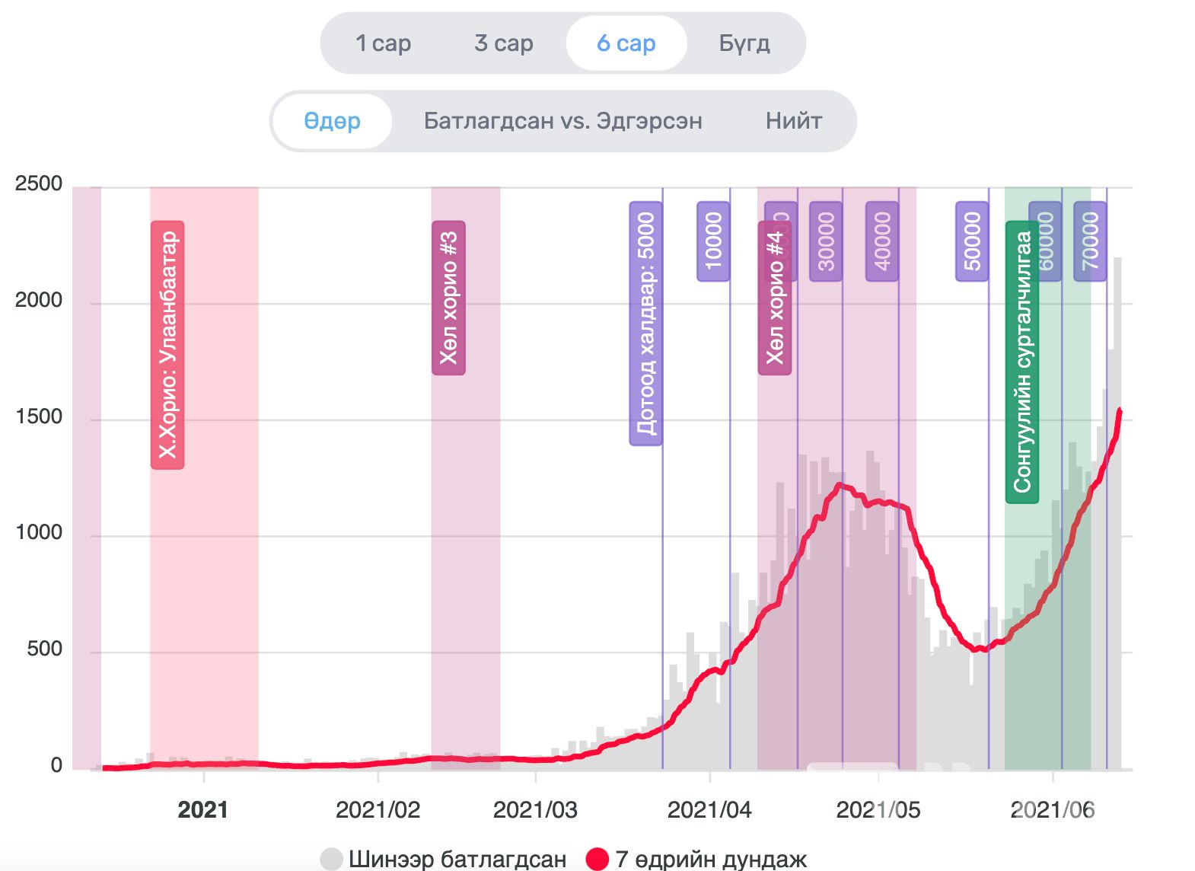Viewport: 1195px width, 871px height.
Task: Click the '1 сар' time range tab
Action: coord(383,43)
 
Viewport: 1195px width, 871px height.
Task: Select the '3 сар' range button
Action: coord(503,43)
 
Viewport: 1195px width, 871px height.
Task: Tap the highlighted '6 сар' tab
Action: coord(626,43)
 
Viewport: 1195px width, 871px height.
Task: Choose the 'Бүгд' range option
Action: coord(744,43)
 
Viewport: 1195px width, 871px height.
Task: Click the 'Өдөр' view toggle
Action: coord(332,121)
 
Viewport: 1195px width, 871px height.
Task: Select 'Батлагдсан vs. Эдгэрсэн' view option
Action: coord(562,121)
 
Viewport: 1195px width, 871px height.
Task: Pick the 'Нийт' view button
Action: coord(794,121)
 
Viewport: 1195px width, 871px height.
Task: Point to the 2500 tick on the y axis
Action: coord(39,183)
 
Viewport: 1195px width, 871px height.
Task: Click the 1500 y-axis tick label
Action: coord(39,416)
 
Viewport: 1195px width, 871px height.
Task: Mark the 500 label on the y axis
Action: coord(44,649)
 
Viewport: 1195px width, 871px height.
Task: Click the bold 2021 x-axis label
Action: coord(202,809)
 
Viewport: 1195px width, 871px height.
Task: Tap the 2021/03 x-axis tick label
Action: coord(535,809)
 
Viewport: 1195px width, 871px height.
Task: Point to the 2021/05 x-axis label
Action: coord(878,809)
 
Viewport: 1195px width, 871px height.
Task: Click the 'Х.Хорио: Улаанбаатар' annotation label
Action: coord(167,345)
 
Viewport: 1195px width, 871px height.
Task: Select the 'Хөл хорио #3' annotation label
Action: coord(448,298)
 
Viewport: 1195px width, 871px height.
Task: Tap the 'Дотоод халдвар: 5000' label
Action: coord(645,324)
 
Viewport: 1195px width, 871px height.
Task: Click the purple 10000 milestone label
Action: coord(713,241)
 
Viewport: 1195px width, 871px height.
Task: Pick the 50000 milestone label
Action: coord(972,241)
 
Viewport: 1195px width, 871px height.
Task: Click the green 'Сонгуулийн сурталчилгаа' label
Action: coord(1022,362)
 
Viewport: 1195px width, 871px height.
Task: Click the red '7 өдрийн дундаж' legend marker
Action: coord(597,859)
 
